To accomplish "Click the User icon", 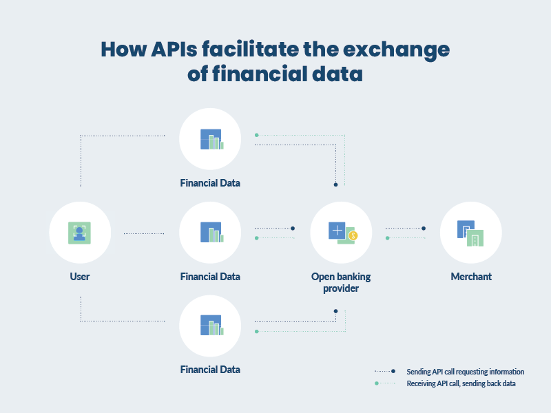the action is (79, 233).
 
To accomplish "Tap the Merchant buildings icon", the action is (470, 233).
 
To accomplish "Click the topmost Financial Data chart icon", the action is (212, 139).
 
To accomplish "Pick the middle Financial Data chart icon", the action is (212, 232).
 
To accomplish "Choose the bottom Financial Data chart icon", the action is (212, 325).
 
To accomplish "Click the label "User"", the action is (80, 277).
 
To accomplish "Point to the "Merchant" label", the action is (471, 277).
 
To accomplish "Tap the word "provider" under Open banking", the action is (341, 288).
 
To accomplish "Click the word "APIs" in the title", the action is (174, 49).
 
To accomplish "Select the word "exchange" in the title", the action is (396, 50).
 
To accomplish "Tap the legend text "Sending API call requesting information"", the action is (466, 372).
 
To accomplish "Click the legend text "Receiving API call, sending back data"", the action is (461, 383).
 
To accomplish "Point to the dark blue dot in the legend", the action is (393, 371).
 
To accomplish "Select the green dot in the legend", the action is (377, 383).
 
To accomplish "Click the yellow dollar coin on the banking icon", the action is (353, 235).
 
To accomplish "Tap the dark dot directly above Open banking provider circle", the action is (335, 184).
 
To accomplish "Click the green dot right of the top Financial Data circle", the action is (256, 135).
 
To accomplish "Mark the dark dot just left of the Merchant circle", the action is (424, 229).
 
